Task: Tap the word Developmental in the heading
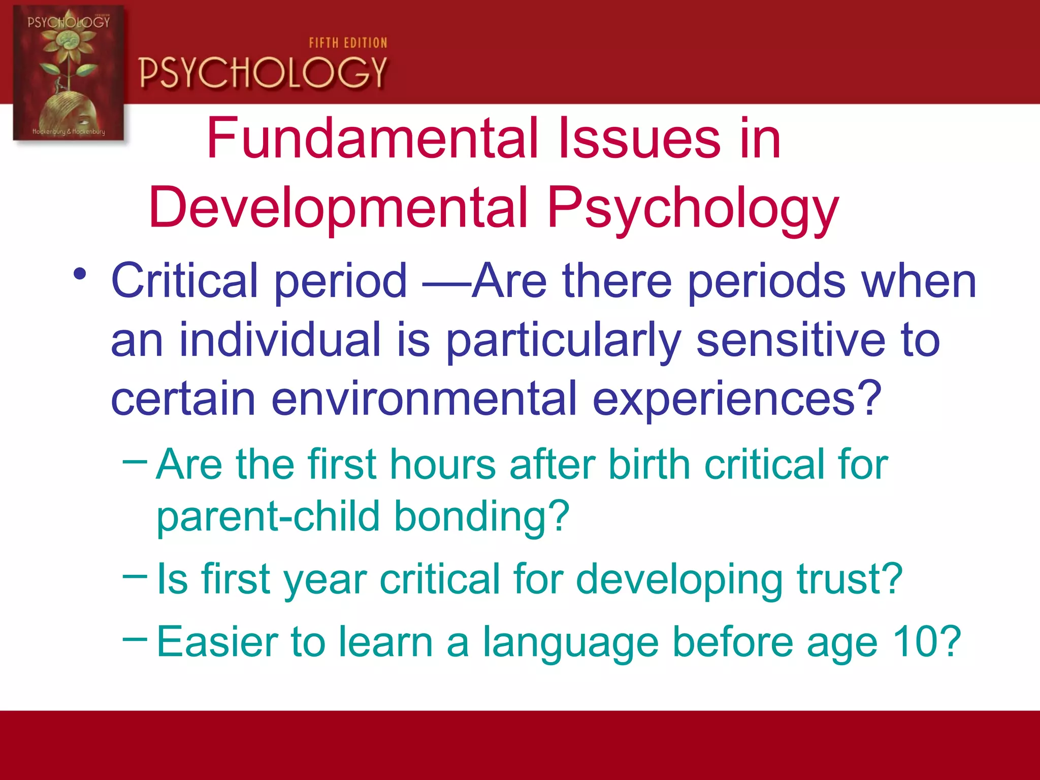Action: coord(338,208)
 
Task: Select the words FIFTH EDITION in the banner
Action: coord(348,43)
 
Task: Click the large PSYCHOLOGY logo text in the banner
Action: coord(263,73)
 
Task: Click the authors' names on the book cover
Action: coord(69,132)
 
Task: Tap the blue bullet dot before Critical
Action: coord(80,275)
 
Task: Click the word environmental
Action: coord(424,399)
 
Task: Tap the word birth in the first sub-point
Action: coord(649,464)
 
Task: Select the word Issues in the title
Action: coord(639,138)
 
